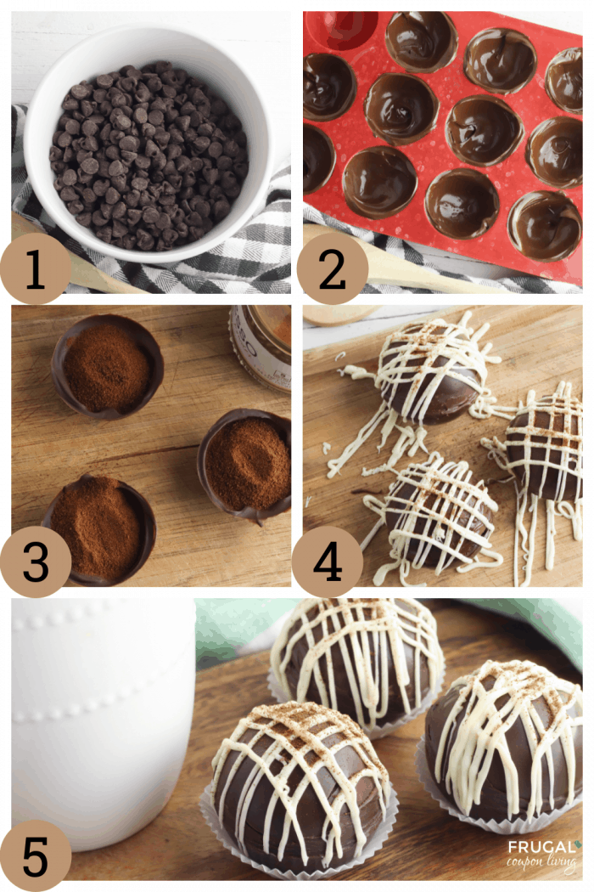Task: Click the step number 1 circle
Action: (x=36, y=268)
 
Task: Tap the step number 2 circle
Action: (x=332, y=268)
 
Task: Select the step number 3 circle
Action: (x=36, y=562)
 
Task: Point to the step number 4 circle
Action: (x=328, y=562)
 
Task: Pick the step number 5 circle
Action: (x=36, y=856)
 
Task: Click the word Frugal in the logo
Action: (x=541, y=847)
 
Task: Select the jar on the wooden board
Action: (x=261, y=347)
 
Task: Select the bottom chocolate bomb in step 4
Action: (x=438, y=513)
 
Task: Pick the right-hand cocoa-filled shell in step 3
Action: (x=245, y=464)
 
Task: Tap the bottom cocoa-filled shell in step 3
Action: (x=99, y=529)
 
